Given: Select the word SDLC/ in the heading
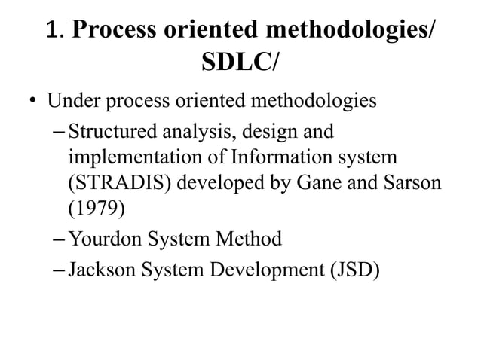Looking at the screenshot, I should (240, 64).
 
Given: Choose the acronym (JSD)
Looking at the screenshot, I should (351, 269).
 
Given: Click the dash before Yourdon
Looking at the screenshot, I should (60, 240).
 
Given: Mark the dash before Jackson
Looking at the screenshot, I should (60, 269).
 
